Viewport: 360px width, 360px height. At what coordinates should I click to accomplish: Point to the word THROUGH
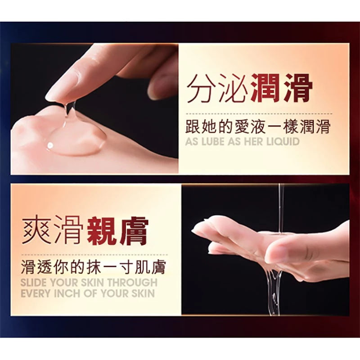132,283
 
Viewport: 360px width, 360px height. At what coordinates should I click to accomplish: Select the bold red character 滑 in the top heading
298,88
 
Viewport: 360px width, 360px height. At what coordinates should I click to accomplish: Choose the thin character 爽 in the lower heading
36,230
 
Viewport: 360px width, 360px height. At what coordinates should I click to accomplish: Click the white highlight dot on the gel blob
50,145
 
